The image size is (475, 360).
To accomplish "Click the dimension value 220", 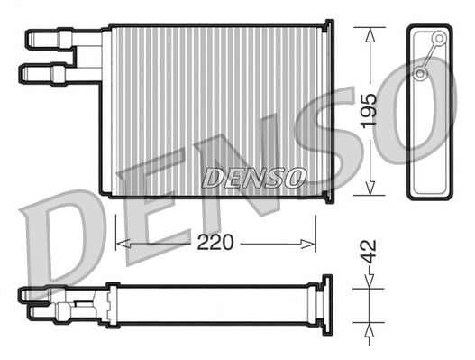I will pyautogui.click(x=216, y=243).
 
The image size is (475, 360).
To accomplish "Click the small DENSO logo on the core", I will pyautogui.click(x=254, y=178).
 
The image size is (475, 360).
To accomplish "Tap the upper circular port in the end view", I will pyautogui.click(x=439, y=39).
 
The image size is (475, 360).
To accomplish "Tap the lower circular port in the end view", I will pyautogui.click(x=421, y=72).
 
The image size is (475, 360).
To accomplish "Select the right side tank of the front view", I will pyautogui.click(x=326, y=112).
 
